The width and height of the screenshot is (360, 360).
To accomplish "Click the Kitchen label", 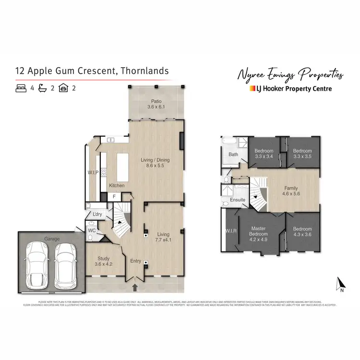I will click(117, 185).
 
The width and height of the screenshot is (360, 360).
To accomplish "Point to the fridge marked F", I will click(114, 196).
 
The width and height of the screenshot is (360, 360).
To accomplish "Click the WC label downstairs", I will click(92, 230).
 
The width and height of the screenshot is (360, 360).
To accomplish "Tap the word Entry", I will click(136, 261).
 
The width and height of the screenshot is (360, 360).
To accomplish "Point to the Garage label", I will click(51, 239).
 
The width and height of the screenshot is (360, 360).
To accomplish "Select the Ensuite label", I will click(238, 200).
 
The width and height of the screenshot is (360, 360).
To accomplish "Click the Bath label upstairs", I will click(233, 155).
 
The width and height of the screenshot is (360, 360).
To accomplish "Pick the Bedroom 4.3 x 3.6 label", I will click(302, 232).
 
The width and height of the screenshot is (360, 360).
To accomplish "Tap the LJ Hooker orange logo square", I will click(252, 88).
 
